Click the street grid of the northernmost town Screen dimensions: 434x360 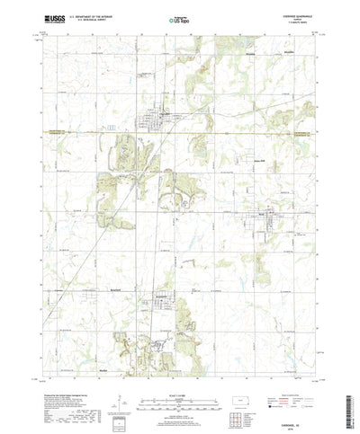coord(165,117)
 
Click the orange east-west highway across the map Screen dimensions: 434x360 coord(90,135)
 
